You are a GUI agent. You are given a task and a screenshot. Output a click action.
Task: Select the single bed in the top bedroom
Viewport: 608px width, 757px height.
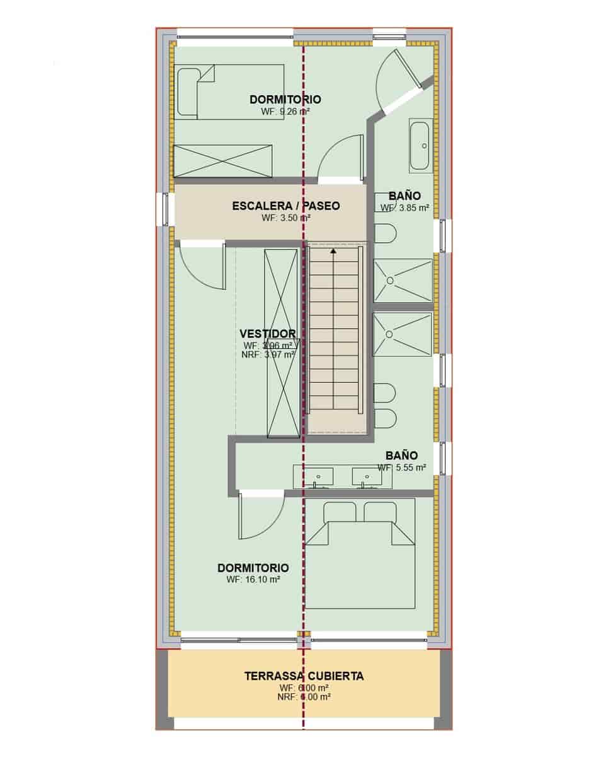tap(230, 92)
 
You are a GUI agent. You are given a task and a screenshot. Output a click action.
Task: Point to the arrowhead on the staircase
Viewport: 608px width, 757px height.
tap(333, 251)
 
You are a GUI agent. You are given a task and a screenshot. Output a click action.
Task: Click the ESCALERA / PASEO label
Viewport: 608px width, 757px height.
tap(285, 206)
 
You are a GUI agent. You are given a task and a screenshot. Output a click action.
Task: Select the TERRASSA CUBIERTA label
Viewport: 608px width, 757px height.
tap(304, 676)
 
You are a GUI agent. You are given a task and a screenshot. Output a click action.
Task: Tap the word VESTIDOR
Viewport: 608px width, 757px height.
tap(268, 334)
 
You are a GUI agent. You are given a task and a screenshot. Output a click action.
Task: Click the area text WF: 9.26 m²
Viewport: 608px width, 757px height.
tap(285, 111)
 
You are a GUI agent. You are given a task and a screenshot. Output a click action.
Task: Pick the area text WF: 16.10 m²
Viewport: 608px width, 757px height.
tap(253, 579)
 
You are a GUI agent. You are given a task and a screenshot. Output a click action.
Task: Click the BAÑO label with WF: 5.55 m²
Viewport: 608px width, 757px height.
tap(401, 455)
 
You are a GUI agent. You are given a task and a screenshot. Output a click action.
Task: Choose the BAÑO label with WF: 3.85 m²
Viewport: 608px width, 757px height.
tap(404, 196)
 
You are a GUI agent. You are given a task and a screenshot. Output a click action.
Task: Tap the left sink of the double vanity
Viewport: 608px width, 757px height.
tap(318, 477)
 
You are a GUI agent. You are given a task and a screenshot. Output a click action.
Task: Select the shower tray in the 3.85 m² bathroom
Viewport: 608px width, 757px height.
tap(403, 280)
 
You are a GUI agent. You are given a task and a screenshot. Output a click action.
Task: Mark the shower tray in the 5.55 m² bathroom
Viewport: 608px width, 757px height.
tap(403, 334)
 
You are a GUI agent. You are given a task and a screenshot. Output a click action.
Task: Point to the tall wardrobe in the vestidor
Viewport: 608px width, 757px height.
tap(282, 343)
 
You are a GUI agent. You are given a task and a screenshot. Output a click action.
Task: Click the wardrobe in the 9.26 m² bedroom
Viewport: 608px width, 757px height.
tap(222, 161)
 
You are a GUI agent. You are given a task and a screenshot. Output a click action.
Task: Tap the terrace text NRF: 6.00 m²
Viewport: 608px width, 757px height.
tap(304, 697)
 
